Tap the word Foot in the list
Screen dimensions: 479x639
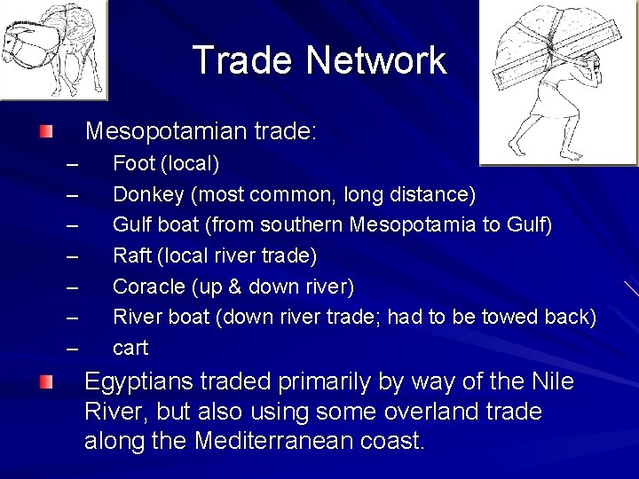(x=134, y=164)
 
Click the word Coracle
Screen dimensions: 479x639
(x=148, y=287)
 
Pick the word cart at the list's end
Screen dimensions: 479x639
(x=130, y=348)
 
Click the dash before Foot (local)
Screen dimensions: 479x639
(x=73, y=164)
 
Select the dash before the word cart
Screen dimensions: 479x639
(x=73, y=348)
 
